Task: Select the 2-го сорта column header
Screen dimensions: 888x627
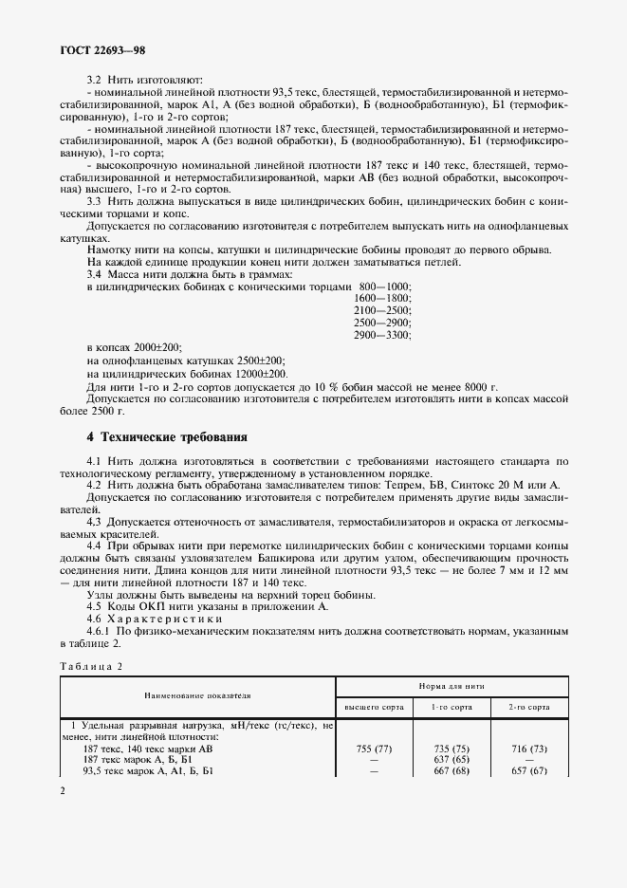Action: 528,707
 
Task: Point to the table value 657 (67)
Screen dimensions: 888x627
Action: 528,771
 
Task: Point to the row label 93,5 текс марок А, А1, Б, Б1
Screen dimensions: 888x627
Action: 148,771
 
